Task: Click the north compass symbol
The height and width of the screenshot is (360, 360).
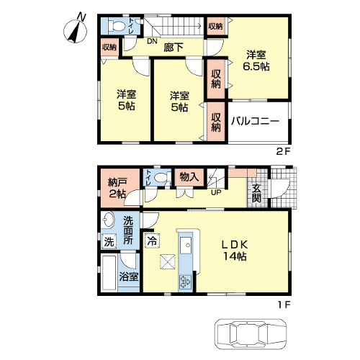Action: tap(76, 30)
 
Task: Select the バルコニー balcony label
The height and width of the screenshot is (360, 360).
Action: tap(255, 121)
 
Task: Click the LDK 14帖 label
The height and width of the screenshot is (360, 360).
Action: tap(235, 251)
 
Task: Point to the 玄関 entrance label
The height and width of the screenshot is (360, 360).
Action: tap(256, 194)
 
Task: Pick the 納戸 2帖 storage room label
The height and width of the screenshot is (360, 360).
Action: tap(117, 189)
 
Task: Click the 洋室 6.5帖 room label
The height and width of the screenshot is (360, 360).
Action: tap(256, 60)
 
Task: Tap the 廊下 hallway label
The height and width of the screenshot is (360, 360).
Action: tap(174, 48)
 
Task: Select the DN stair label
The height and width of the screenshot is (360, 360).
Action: tap(152, 41)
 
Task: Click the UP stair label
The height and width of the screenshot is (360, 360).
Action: tap(216, 192)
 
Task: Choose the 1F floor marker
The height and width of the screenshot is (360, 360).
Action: tap(284, 305)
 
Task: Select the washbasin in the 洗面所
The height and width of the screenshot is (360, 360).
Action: tap(108, 220)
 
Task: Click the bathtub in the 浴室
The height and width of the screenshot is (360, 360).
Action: tap(109, 273)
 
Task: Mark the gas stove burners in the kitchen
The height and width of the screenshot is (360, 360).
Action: tap(185, 282)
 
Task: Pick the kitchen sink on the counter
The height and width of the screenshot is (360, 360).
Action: tap(186, 246)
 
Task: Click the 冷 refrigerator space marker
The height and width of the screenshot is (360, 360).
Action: tap(152, 240)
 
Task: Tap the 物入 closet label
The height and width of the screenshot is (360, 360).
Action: tap(189, 177)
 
